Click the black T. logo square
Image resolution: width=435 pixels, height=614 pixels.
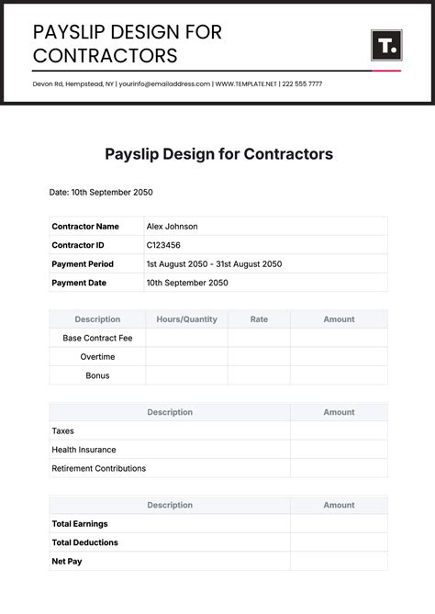(385, 45)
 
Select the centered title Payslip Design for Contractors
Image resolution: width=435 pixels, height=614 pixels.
(218, 153)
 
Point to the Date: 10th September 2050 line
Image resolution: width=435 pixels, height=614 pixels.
(101, 193)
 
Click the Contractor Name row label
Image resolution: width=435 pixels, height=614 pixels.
(85, 227)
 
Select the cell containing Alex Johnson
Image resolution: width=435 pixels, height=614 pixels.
(172, 227)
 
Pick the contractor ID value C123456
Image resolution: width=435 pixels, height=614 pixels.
(163, 245)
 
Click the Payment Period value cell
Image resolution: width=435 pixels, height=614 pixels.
(214, 264)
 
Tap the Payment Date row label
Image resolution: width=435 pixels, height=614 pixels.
(79, 283)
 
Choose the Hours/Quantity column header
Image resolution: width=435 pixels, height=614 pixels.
(186, 319)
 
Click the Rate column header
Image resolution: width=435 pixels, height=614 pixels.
(259, 319)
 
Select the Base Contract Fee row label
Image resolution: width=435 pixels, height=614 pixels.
(97, 338)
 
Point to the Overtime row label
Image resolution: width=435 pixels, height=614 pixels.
(97, 357)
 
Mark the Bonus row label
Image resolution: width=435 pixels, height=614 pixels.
(97, 375)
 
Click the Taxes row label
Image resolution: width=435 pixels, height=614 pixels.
(62, 430)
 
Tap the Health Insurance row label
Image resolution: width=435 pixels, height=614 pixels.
(84, 450)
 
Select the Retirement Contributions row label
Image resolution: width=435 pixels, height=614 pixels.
(98, 468)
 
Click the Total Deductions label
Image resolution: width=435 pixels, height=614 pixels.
(84, 542)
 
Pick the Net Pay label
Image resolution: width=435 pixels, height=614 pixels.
(67, 561)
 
